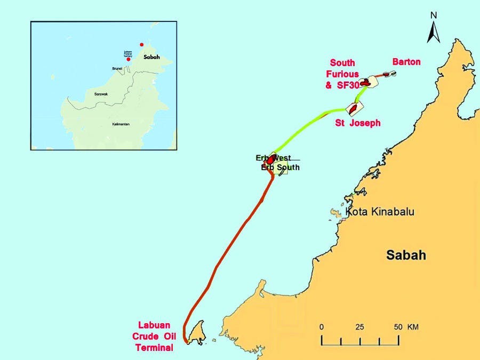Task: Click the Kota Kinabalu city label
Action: (380, 212)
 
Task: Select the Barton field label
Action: (406, 62)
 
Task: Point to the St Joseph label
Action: (357, 123)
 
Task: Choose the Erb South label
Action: (280, 167)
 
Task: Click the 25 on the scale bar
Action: (360, 326)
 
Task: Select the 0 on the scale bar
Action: (322, 326)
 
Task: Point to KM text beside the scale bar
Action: (412, 326)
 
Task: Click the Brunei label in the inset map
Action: (117, 69)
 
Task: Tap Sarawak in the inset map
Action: (101, 94)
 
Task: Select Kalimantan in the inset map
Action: (121, 124)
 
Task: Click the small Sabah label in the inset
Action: (151, 56)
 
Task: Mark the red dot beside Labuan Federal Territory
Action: (128, 60)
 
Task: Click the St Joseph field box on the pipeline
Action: (353, 109)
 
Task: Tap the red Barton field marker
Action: (386, 74)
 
